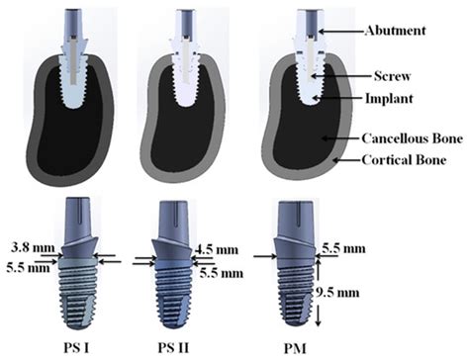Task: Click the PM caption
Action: tap(295, 345)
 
